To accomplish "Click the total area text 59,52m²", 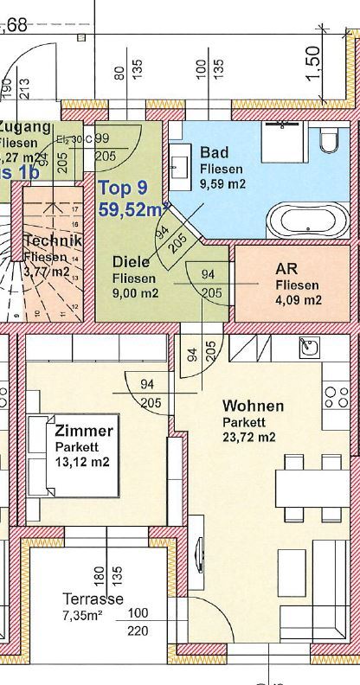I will [132, 208].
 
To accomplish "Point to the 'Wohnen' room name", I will [252, 406].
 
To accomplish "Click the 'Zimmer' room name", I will [83, 431].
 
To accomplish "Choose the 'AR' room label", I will [286, 268].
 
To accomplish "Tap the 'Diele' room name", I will [132, 262].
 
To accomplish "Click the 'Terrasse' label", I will [93, 599].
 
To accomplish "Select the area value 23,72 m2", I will [249, 437].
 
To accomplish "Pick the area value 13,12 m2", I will [82, 462].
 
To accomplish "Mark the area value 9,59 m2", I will [224, 183].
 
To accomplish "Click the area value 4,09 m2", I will [299, 300].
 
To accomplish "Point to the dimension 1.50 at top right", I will [313, 60].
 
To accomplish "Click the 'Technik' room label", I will [53, 240].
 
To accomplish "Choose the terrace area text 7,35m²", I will [84, 615].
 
